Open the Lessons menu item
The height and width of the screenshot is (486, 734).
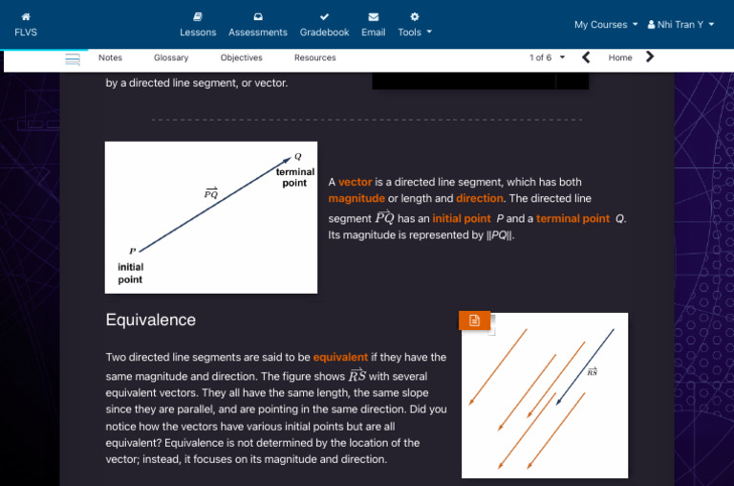pyautogui.click(x=198, y=25)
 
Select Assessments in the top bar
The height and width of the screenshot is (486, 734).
pyautogui.click(x=258, y=25)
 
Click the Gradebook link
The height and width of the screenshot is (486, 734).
pyautogui.click(x=324, y=25)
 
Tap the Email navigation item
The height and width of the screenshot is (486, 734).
pyautogui.click(x=373, y=25)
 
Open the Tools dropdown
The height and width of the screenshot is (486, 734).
pyautogui.click(x=415, y=25)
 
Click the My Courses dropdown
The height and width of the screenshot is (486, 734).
pyautogui.click(x=606, y=25)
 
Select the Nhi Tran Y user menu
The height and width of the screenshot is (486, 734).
pyautogui.click(x=680, y=25)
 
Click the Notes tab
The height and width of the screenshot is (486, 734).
pyautogui.click(x=110, y=58)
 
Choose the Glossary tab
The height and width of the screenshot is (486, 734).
pyautogui.click(x=171, y=58)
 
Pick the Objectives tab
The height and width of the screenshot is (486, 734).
pyautogui.click(x=241, y=58)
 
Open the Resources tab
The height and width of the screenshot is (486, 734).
pyautogui.click(x=314, y=58)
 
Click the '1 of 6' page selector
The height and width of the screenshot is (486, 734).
pyautogui.click(x=547, y=58)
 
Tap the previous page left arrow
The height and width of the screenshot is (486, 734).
pyautogui.click(x=586, y=57)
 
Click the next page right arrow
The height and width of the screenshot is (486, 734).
pyautogui.click(x=651, y=57)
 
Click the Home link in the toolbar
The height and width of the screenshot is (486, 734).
pyautogui.click(x=620, y=58)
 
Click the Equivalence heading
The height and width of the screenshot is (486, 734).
pyautogui.click(x=151, y=320)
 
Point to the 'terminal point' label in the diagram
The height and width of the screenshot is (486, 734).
pyautogui.click(x=294, y=177)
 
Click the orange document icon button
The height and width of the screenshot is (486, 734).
pyautogui.click(x=475, y=320)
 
